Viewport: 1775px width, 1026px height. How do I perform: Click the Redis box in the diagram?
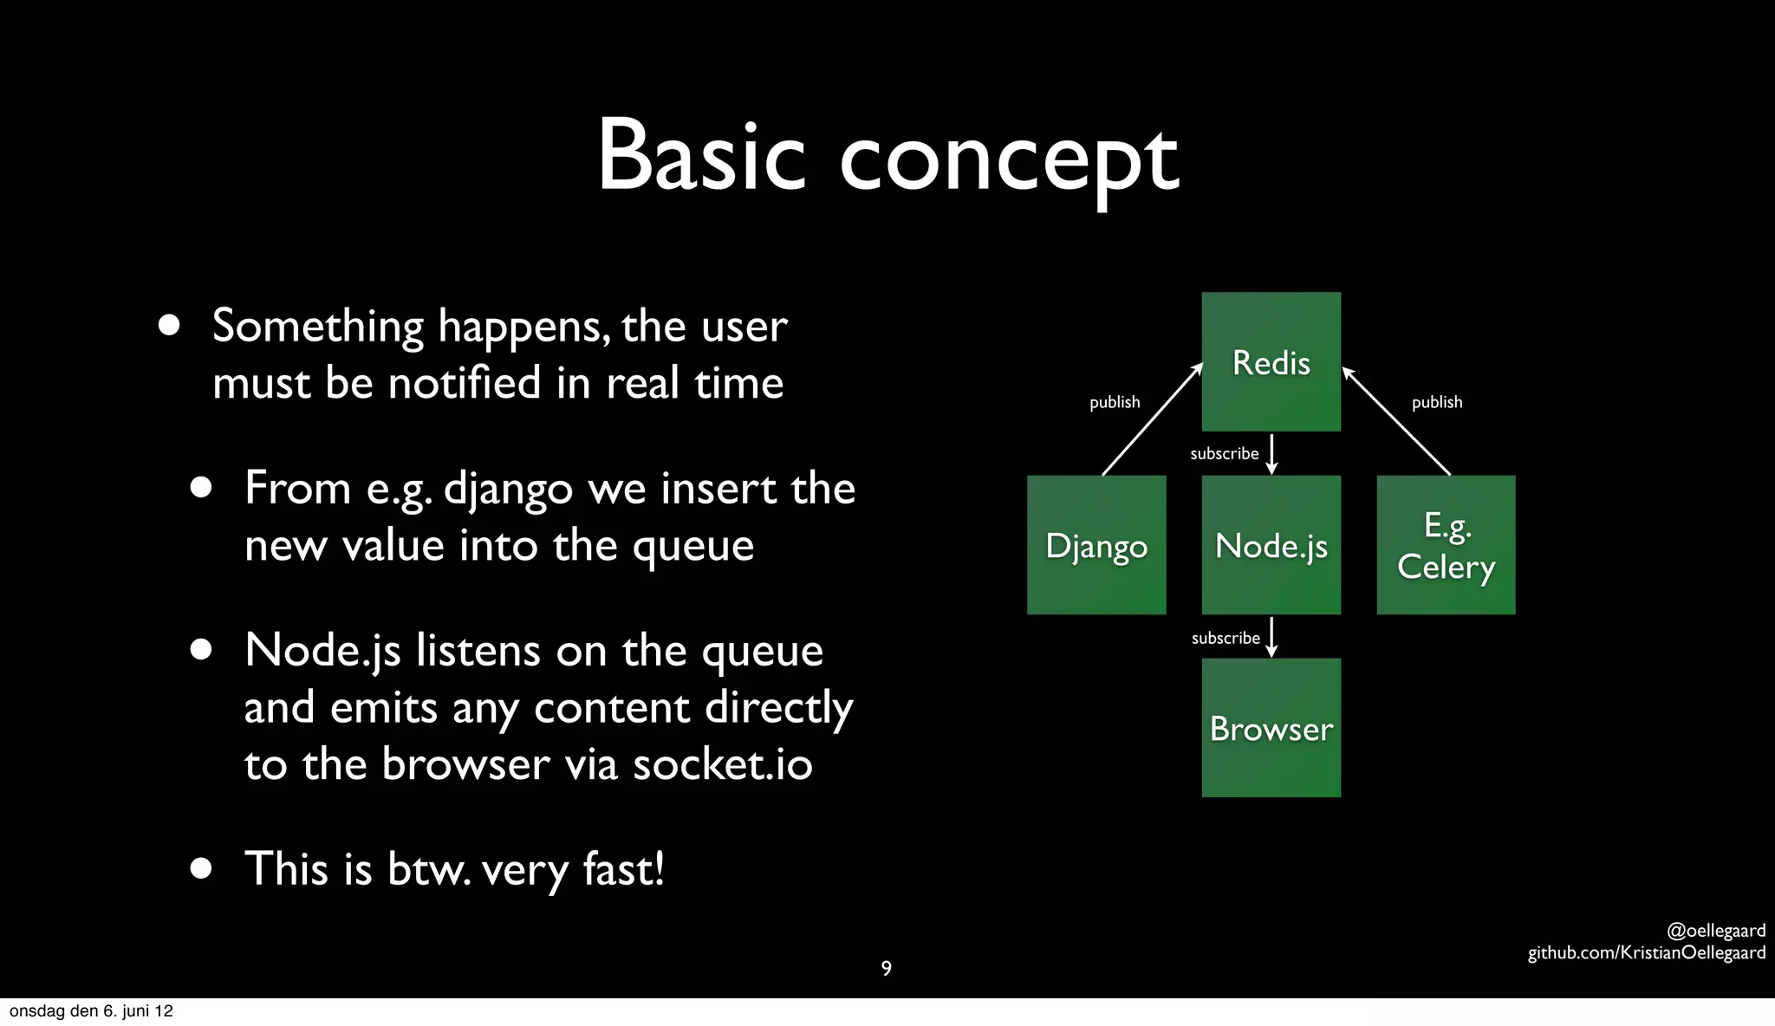[1271, 361]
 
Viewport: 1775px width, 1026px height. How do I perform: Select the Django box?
[1096, 545]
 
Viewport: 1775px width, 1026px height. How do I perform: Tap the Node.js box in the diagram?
[1271, 545]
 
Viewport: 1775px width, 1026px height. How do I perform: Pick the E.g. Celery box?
[1446, 545]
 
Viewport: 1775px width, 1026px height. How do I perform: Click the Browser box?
[1271, 728]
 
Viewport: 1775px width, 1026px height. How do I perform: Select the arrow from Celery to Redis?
[1396, 421]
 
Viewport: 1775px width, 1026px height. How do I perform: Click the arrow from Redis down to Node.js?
[1271, 454]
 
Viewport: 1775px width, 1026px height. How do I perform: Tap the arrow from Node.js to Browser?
[1271, 637]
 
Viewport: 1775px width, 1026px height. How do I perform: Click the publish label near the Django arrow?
[1115, 402]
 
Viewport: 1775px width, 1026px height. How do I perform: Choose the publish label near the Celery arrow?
[1436, 402]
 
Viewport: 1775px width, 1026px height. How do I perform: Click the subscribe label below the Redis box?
[1224, 453]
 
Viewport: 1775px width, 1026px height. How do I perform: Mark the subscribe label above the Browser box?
[1225, 638]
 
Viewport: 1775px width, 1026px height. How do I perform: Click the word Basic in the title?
[701, 156]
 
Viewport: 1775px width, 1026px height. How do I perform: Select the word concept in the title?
[1009, 161]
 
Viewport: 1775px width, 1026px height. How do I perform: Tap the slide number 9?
[886, 968]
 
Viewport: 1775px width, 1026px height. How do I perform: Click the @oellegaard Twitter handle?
[1715, 931]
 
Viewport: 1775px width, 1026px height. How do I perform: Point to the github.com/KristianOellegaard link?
[1646, 952]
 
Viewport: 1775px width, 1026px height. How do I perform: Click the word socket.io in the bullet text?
[722, 764]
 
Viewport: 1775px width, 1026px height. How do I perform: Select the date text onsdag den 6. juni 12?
[91, 1011]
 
